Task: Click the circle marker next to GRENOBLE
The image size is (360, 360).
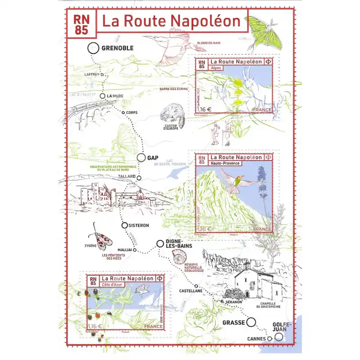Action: click(93, 48)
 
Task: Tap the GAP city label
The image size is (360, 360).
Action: click(153, 157)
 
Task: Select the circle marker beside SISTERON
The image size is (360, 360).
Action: click(125, 225)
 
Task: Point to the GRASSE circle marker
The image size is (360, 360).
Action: click(251, 322)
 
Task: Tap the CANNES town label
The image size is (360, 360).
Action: click(256, 338)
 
